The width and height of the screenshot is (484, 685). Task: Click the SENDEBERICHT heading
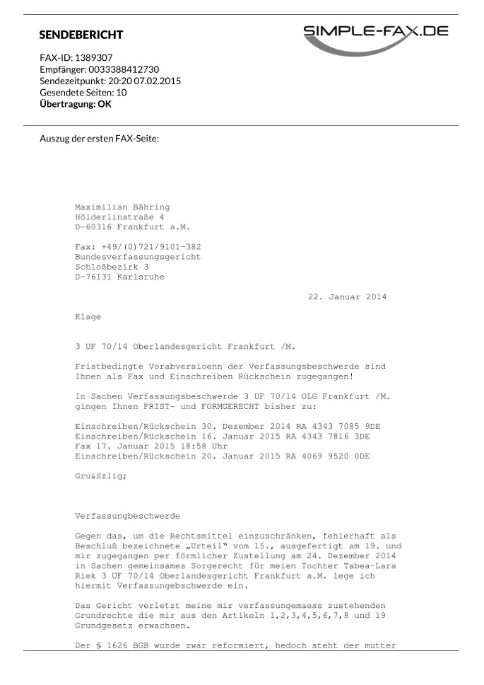[81, 35]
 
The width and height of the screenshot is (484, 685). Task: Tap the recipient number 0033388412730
[124, 69]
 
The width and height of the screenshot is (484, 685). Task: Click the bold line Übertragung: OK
[76, 104]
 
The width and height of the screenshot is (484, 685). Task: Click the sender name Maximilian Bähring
[122, 207]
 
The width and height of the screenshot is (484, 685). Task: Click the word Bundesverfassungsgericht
[137, 257]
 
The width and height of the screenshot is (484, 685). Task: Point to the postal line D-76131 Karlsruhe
[119, 277]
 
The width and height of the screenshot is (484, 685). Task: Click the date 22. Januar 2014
[347, 297]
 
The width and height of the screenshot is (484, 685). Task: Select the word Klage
[88, 316]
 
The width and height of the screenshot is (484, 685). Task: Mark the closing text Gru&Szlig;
[101, 476]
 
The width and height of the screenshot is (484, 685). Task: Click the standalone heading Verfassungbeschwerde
[127, 517]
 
